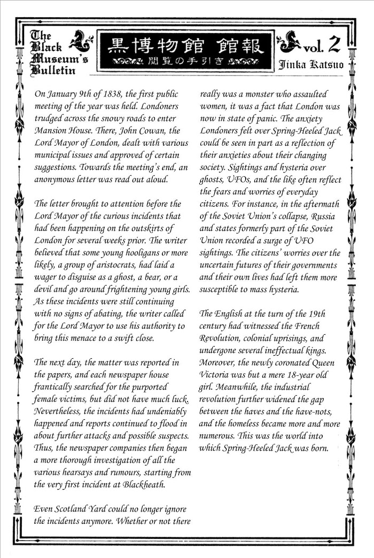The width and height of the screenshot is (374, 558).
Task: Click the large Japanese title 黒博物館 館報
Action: (186, 46)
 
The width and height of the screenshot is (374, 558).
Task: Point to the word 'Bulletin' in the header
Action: (53, 70)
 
